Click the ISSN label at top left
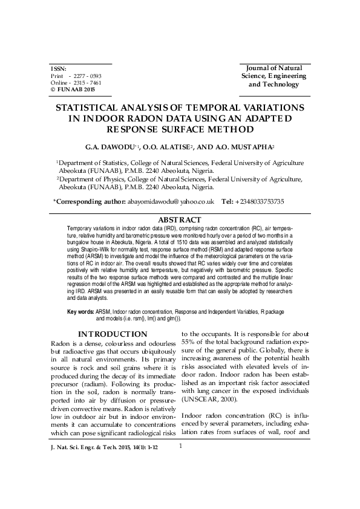coord(58,69)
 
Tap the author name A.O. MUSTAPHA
coord(241,147)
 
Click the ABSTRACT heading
coord(180,219)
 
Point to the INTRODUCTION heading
coord(113,334)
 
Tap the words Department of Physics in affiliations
coord(94,180)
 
